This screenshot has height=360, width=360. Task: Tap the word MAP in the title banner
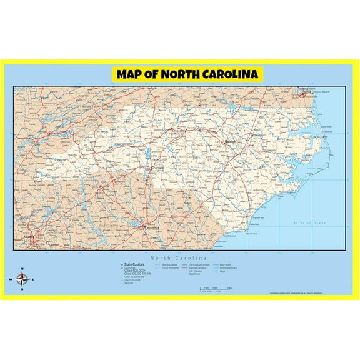[x=132, y=74]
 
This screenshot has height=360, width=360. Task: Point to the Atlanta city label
[x=28, y=237]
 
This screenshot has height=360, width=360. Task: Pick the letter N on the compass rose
[x=22, y=268]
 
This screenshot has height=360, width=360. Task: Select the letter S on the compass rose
[x=22, y=290]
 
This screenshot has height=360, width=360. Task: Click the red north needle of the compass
[x=22, y=274]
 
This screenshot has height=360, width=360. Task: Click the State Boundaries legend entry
[x=169, y=265]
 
